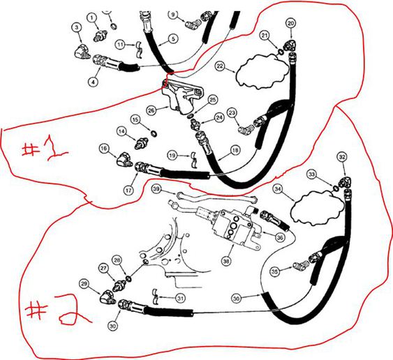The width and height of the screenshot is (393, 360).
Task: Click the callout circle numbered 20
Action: [x=291, y=24]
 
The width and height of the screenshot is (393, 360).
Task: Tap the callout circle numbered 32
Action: [x=342, y=158]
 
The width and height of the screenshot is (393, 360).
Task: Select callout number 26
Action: [x=151, y=110]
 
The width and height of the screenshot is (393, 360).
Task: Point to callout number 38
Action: [x=226, y=262]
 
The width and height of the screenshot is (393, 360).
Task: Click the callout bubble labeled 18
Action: [x=235, y=150]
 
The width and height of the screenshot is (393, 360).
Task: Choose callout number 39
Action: [x=156, y=189]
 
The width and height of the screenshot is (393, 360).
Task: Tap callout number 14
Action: [x=122, y=132]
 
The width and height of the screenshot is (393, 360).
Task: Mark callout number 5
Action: [x=173, y=39]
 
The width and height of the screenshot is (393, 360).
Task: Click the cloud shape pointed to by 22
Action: [x=262, y=71]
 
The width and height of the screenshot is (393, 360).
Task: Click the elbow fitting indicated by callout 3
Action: [x=82, y=51]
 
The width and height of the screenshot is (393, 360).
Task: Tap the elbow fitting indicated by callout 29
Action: [x=108, y=296]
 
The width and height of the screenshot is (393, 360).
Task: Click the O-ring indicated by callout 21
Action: [x=281, y=52]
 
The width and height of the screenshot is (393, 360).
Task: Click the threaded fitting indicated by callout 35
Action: [x=301, y=265]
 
